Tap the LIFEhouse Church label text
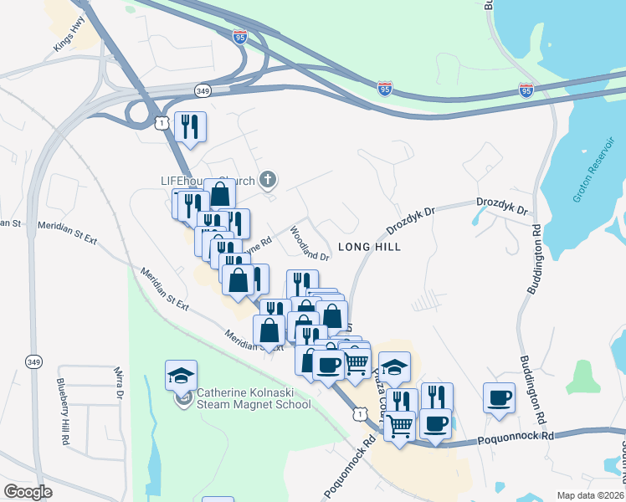[196, 180]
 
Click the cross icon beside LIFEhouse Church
[268, 179]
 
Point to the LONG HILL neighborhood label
[369, 247]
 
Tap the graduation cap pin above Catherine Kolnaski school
[181, 375]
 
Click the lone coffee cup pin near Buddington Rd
[499, 397]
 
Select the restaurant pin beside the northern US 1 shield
[190, 127]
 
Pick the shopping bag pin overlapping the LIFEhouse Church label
[219, 195]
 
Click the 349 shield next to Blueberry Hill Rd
[33, 361]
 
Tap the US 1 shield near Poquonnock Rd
[360, 413]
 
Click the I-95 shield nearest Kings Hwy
[240, 36]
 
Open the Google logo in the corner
[28, 492]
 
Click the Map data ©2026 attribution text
[591, 495]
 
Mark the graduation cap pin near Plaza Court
[395, 366]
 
